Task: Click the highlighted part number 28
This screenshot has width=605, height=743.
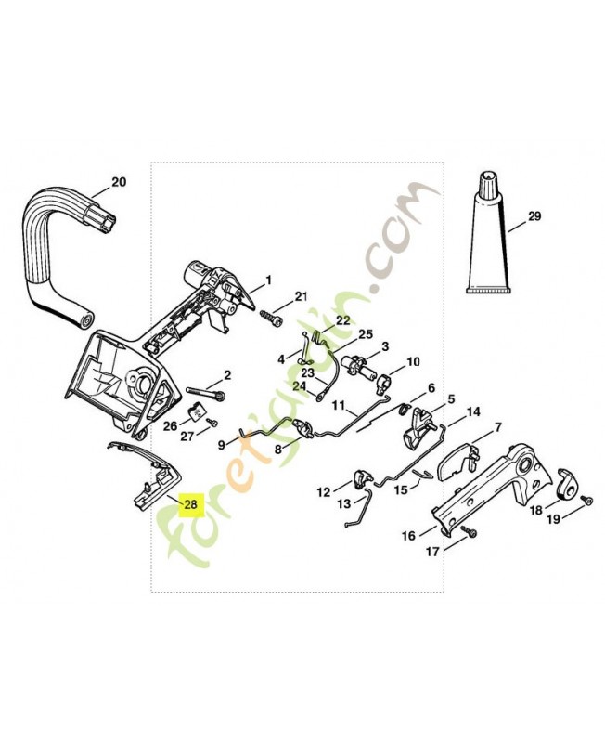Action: [x=190, y=505]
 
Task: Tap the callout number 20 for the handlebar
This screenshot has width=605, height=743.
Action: [x=118, y=182]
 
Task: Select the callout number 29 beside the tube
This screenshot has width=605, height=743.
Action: [x=534, y=217]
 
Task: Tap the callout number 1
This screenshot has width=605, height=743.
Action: [x=268, y=280]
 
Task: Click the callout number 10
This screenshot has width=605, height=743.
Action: [x=413, y=361]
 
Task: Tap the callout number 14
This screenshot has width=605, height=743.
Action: [x=473, y=411]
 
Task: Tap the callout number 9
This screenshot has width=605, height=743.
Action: [x=222, y=445]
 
